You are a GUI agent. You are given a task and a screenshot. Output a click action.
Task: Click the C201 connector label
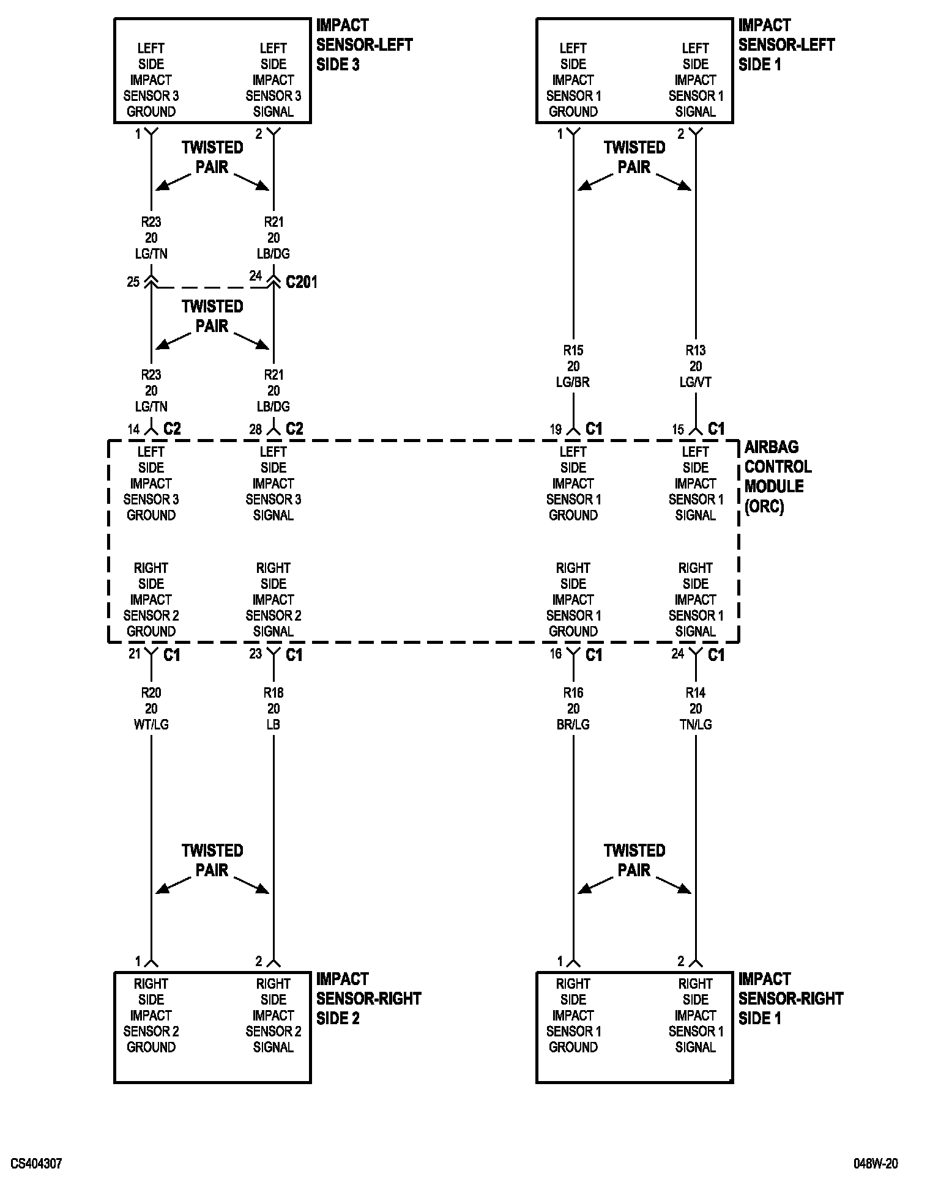click(x=302, y=282)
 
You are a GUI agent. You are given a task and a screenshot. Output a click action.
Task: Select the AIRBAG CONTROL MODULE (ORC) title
click(x=778, y=477)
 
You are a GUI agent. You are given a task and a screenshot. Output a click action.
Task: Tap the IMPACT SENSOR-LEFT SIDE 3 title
click(x=364, y=45)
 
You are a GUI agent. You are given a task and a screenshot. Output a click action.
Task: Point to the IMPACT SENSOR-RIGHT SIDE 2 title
click(x=368, y=999)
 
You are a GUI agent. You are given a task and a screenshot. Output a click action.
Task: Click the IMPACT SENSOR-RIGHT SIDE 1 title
click(x=790, y=999)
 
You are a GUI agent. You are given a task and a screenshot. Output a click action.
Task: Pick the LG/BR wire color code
click(x=573, y=382)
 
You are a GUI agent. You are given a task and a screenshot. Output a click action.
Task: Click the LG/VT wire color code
click(x=696, y=382)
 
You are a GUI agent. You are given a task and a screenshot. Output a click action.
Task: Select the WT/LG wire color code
click(x=151, y=725)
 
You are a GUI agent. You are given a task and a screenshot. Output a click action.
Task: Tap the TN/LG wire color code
click(x=696, y=725)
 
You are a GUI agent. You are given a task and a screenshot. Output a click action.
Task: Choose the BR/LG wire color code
click(x=573, y=725)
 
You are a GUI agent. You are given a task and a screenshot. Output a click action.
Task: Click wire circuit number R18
click(x=273, y=693)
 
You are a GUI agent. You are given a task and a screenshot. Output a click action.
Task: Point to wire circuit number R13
click(x=696, y=350)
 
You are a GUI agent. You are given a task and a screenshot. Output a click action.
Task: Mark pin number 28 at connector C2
click(x=256, y=430)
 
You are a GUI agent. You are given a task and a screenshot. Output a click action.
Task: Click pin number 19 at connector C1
click(x=556, y=430)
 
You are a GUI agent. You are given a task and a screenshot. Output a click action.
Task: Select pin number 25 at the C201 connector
click(x=133, y=282)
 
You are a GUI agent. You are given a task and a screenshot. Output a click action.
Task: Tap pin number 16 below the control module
click(x=556, y=654)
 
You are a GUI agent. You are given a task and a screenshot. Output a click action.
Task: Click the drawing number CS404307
click(x=36, y=1163)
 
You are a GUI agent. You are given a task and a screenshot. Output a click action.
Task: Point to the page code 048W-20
click(x=876, y=1163)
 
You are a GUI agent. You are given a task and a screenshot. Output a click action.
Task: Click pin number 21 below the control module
click(x=135, y=654)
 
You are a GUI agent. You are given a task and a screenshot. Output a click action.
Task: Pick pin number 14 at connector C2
click(x=133, y=430)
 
